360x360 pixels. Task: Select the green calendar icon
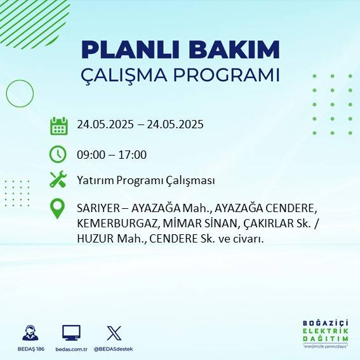pyautogui.click(x=58, y=126)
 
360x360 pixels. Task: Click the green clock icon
pyautogui.click(x=58, y=154)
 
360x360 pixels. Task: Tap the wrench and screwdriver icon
pyautogui.click(x=58, y=180)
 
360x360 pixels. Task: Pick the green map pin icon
pyautogui.click(x=58, y=209)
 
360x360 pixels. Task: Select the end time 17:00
pyautogui.click(x=133, y=154)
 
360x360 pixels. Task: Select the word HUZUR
pyautogui.click(x=93, y=239)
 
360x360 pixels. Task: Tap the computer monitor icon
pyautogui.click(x=71, y=333)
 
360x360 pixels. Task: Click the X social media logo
pyautogui.click(x=114, y=333)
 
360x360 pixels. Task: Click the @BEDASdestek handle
pyautogui.click(x=113, y=349)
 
